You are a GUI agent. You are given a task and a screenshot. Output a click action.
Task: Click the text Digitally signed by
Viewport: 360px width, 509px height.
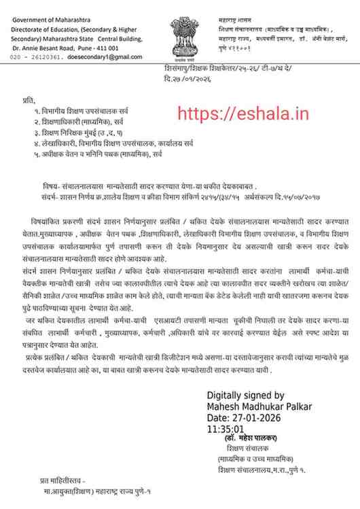[245, 395]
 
